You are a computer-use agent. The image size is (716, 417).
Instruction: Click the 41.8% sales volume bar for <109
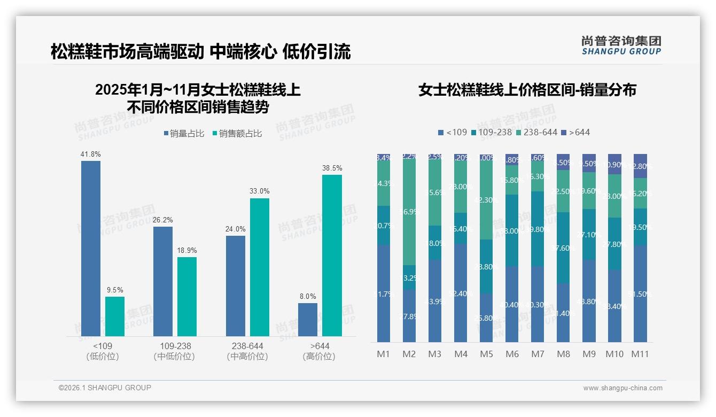click(x=91, y=248)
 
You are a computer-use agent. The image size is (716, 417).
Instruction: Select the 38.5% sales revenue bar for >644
click(x=332, y=255)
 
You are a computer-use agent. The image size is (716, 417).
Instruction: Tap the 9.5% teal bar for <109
click(x=115, y=316)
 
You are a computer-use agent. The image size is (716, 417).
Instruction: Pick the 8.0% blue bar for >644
click(x=308, y=319)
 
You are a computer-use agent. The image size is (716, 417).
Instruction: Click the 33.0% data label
click(x=259, y=191)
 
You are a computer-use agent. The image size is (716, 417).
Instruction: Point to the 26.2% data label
click(x=163, y=220)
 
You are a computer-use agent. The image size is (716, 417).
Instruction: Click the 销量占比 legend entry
click(x=183, y=134)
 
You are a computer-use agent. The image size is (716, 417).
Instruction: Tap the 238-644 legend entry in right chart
click(x=538, y=132)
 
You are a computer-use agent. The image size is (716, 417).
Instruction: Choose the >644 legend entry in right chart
click(x=575, y=132)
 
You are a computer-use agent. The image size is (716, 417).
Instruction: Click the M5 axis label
click(x=486, y=354)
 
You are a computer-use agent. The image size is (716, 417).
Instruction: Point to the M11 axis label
click(x=640, y=354)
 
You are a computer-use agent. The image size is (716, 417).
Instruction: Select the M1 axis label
click(x=383, y=354)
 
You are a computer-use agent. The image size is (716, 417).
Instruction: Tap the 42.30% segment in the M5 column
click(x=486, y=199)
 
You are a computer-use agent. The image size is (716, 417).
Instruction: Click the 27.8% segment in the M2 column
click(x=409, y=315)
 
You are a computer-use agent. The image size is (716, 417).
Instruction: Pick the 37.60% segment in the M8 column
click(x=563, y=247)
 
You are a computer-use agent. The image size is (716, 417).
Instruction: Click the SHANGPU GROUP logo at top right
click(x=621, y=45)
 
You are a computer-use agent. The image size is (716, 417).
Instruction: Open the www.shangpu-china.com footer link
click(x=622, y=388)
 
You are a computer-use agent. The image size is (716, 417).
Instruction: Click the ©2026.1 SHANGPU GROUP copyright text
click(x=105, y=388)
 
